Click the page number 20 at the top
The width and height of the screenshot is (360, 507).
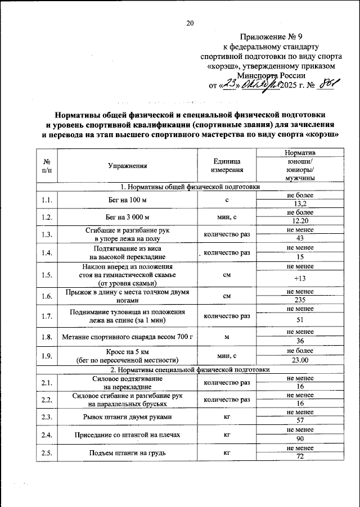190,23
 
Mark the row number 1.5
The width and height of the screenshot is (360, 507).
47,275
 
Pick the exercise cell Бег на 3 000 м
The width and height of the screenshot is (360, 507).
128,216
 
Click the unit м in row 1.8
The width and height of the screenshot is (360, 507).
227,337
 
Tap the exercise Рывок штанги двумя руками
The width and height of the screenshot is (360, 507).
128,417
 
